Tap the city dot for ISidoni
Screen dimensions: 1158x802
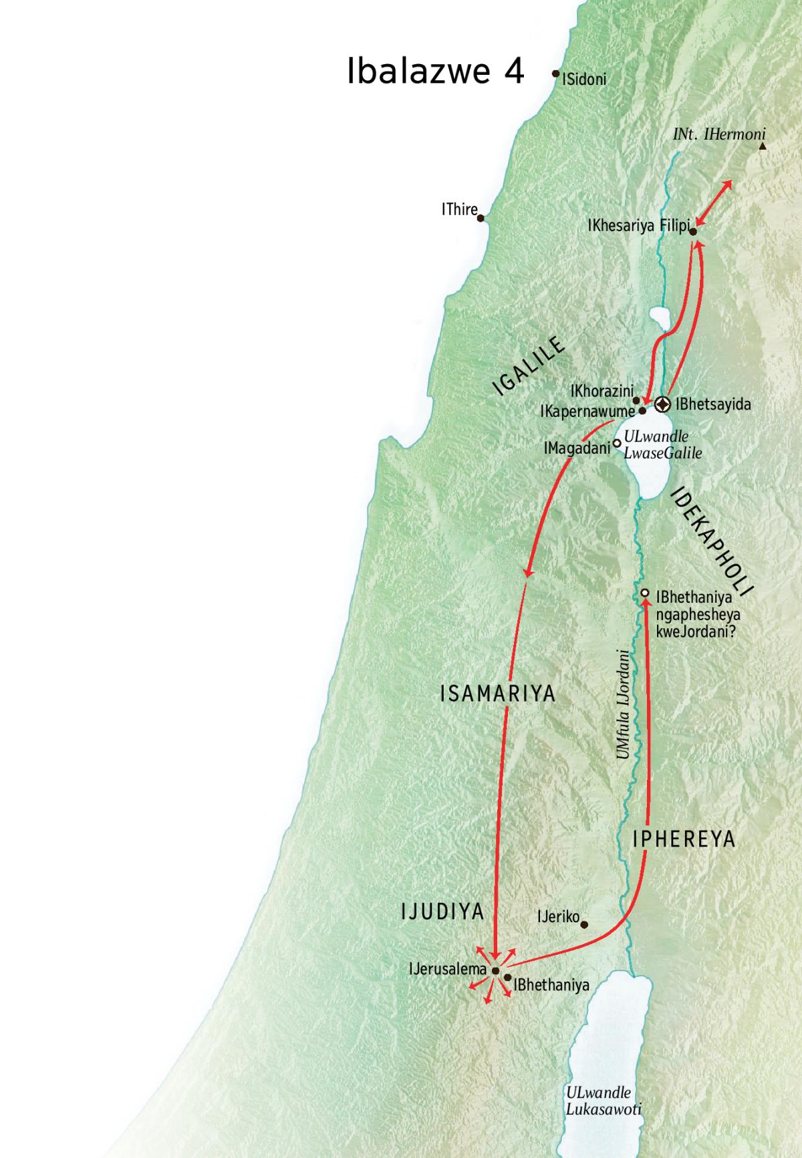click(555, 74)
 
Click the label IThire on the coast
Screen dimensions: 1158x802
click(459, 209)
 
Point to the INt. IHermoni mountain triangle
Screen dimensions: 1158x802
click(763, 146)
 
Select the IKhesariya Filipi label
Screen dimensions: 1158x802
click(638, 227)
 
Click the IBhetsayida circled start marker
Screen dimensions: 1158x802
click(662, 404)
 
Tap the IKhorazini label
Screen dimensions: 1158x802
click(601, 391)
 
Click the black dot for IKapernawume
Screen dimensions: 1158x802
click(642, 412)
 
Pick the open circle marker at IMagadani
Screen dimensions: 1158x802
click(617, 442)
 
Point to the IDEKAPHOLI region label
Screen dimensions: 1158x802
click(710, 542)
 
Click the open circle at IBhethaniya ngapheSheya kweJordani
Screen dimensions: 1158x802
click(645, 593)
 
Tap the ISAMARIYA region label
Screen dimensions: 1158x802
click(498, 694)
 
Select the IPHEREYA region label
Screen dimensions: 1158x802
click(683, 839)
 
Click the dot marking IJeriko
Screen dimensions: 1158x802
click(584, 925)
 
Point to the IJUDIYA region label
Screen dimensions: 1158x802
click(442, 911)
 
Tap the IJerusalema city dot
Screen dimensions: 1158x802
click(495, 970)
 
